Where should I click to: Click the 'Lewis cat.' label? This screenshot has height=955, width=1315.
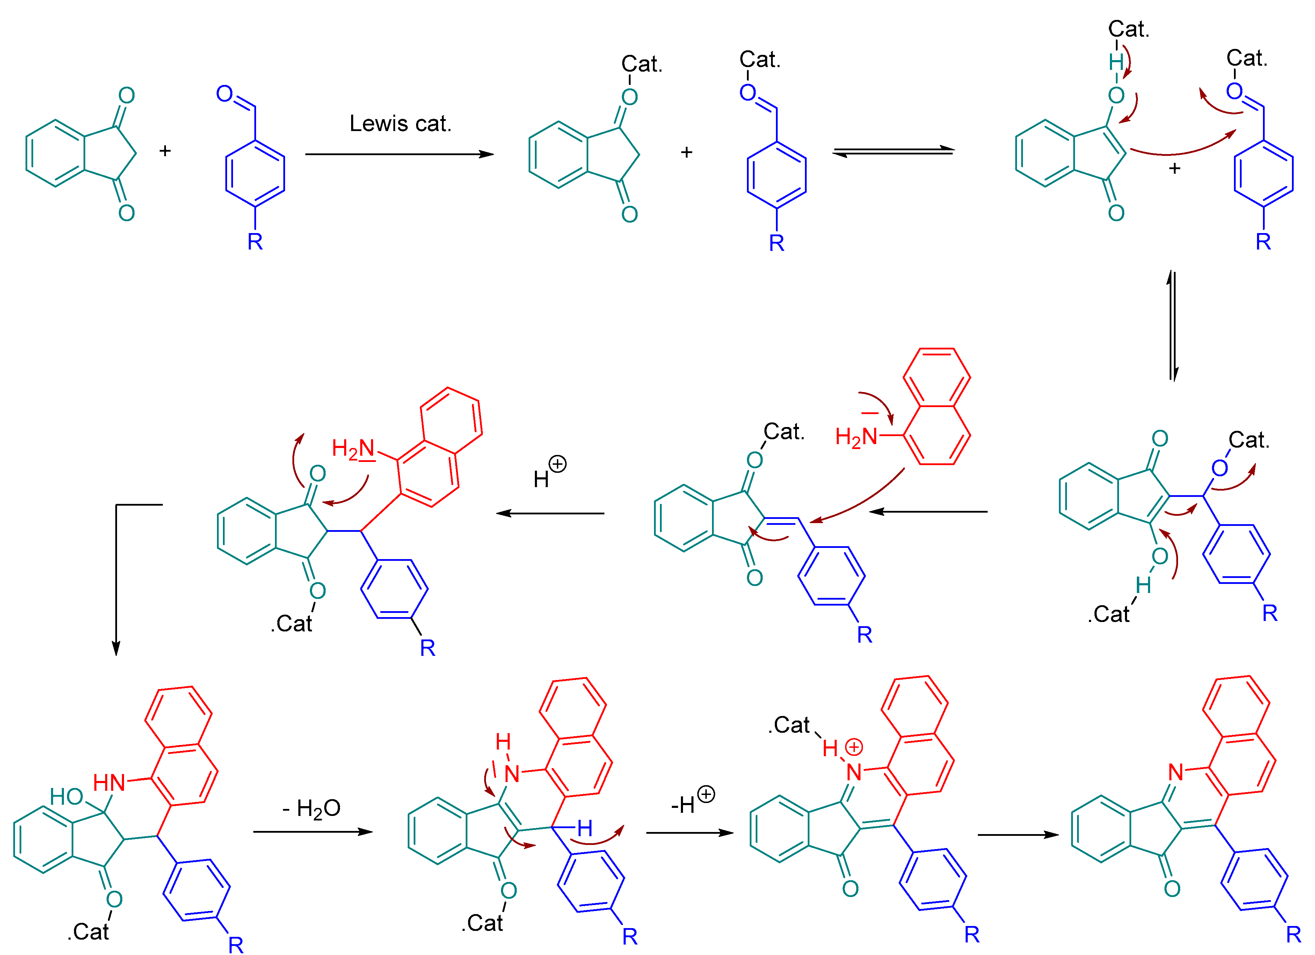click(x=400, y=123)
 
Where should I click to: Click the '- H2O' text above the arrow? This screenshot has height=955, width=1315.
click(x=311, y=808)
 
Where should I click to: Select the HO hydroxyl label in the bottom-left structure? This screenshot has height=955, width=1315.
click(x=67, y=797)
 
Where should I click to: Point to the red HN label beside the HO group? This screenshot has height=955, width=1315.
click(x=109, y=783)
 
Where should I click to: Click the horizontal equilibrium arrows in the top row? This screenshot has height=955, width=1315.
click(x=893, y=152)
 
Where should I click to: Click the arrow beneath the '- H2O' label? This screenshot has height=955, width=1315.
click(x=313, y=832)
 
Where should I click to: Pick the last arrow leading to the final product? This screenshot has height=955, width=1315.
click(x=1018, y=835)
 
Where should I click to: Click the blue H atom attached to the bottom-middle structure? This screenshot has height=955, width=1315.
click(x=584, y=828)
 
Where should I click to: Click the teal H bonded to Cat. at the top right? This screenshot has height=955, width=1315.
click(x=1116, y=62)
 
